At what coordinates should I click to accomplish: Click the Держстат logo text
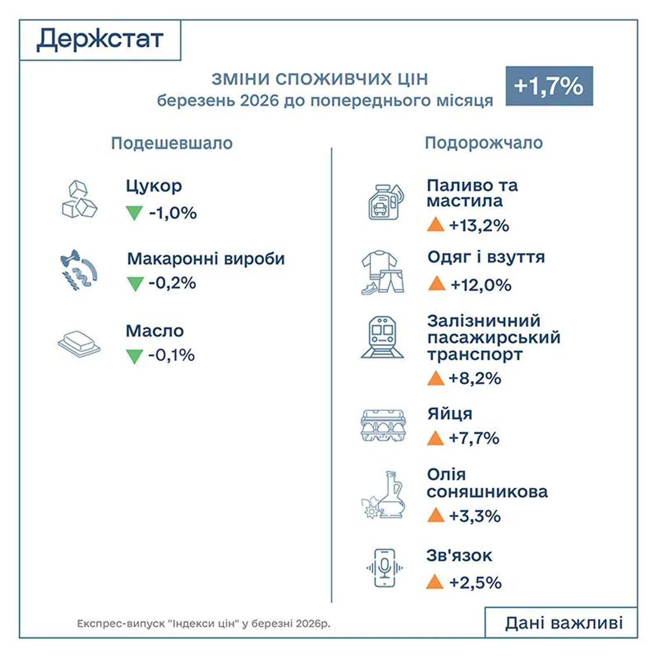(x=100, y=39)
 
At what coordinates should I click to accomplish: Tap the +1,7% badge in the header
(x=549, y=86)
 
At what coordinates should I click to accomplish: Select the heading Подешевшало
(x=172, y=143)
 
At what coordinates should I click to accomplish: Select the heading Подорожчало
(x=484, y=143)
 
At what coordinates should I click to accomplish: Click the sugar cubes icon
(x=79, y=200)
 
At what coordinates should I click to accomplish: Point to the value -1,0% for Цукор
(x=173, y=213)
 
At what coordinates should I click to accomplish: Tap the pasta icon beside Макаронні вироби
(x=79, y=270)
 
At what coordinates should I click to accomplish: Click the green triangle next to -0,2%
(x=135, y=283)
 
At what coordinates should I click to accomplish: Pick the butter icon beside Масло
(x=79, y=343)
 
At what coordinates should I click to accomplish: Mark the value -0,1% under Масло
(x=171, y=355)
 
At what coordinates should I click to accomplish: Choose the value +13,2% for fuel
(x=479, y=226)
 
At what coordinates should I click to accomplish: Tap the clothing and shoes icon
(x=382, y=272)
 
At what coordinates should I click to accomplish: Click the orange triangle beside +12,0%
(x=436, y=284)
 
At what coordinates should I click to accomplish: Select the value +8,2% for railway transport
(x=475, y=378)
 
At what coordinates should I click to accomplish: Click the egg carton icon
(x=383, y=425)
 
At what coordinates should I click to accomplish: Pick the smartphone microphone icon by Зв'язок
(x=384, y=568)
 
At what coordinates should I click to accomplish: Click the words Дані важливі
(x=564, y=623)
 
